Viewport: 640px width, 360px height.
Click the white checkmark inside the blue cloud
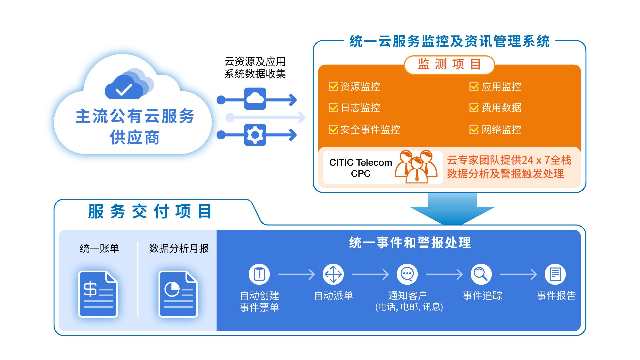tap(124, 89)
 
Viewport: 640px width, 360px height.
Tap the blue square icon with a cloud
tap(255, 99)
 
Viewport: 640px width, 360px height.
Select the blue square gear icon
tap(255, 135)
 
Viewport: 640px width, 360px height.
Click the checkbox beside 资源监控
tap(333, 86)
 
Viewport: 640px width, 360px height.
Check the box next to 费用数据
tap(474, 108)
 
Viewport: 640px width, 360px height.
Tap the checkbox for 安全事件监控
tap(333, 129)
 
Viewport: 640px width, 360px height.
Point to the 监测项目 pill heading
tap(449, 64)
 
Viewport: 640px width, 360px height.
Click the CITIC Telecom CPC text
tap(360, 168)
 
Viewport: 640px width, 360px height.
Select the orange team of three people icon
tap(416, 166)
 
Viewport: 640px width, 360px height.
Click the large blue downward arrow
tap(452, 210)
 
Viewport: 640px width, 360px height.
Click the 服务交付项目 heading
tap(150, 211)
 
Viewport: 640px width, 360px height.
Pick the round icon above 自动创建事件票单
tap(259, 274)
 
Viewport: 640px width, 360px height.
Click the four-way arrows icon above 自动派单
tap(333, 274)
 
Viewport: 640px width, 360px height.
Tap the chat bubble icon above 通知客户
tap(407, 274)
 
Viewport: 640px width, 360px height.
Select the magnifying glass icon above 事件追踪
tap(481, 274)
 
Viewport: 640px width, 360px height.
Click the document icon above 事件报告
tap(555, 274)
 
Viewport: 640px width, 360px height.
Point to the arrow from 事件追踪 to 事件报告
tap(518, 274)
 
